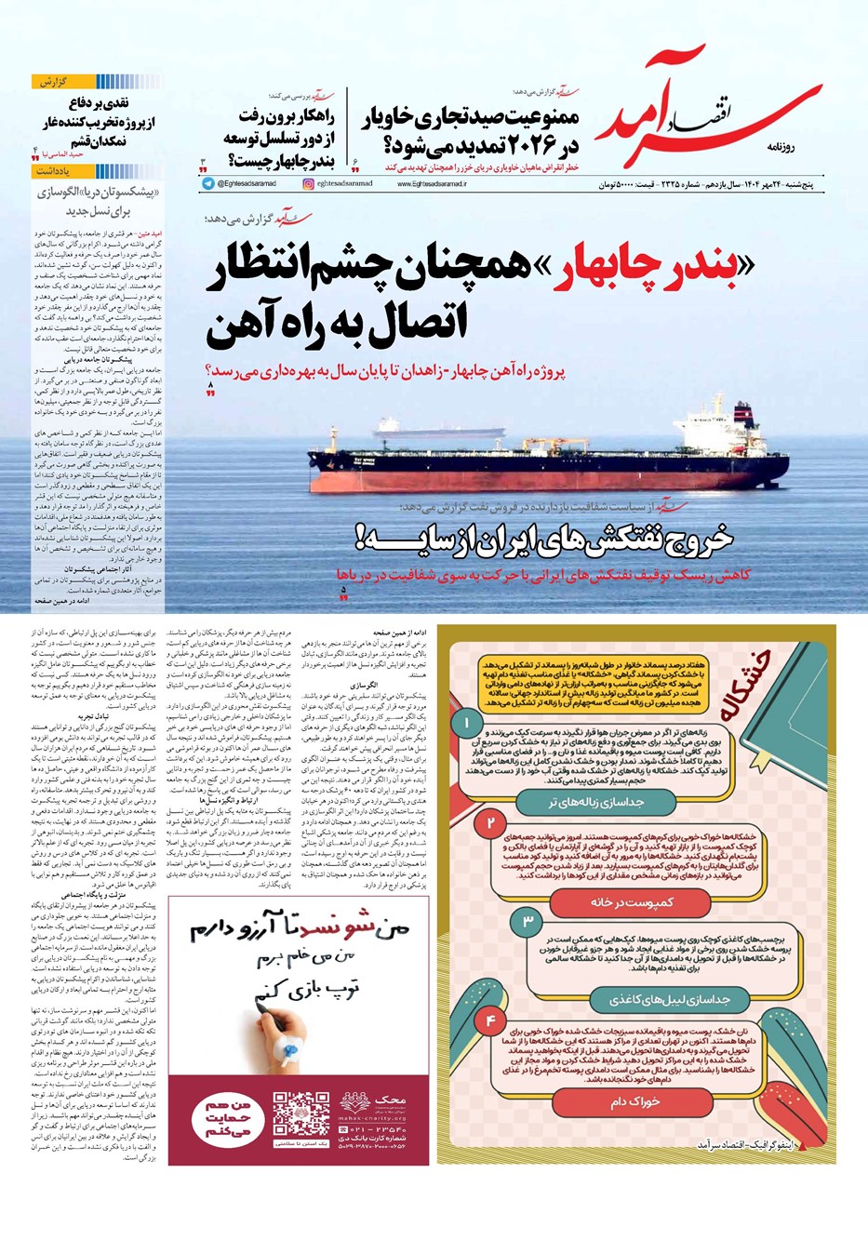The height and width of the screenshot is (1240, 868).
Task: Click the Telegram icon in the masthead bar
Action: point(207,184)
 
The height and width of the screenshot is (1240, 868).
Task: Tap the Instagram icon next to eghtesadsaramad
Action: point(308,184)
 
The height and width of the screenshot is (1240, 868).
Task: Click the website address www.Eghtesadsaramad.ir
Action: point(432,184)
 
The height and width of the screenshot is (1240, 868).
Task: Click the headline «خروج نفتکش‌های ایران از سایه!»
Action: point(558,539)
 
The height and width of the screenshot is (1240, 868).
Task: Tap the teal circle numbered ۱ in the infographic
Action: point(466,722)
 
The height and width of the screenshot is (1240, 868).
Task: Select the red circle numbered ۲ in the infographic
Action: point(490,823)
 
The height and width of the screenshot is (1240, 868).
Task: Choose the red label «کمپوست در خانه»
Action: point(632,901)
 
